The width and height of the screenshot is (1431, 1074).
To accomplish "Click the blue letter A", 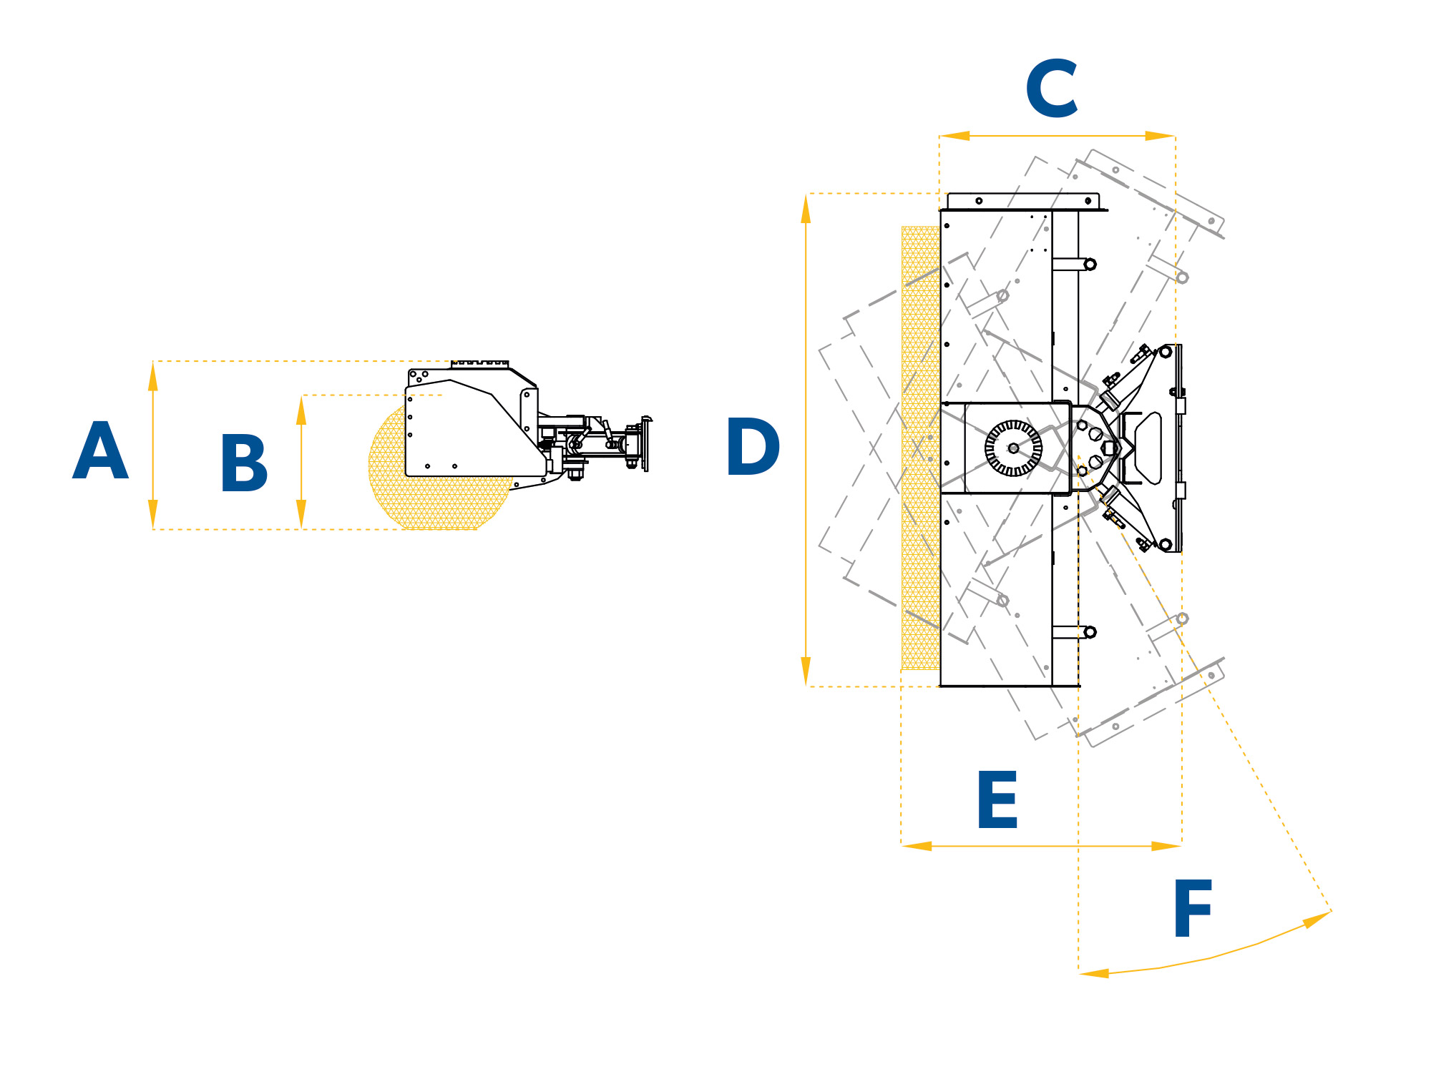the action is [x=100, y=450].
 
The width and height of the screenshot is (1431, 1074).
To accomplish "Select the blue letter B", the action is [x=245, y=463].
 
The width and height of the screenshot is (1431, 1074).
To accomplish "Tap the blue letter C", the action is [x=1052, y=88].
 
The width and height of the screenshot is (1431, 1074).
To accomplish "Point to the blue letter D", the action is [x=753, y=446].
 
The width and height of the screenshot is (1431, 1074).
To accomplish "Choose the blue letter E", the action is [x=997, y=799].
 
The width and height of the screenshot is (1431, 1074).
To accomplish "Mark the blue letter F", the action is [x=1193, y=908].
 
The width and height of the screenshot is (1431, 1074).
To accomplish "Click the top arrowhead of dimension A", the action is [x=152, y=376].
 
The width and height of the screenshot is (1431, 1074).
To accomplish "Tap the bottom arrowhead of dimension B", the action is [x=301, y=514].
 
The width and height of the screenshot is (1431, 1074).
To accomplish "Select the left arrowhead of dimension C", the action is [x=954, y=136].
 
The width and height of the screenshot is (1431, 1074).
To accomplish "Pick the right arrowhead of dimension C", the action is [x=1160, y=136].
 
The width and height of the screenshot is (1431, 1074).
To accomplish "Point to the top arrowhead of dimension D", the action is [x=806, y=209].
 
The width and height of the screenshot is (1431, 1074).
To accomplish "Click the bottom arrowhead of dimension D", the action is [x=806, y=671].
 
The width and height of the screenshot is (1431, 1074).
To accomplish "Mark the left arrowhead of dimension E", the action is [x=917, y=846].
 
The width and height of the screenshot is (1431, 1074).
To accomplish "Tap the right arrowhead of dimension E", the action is [x=1166, y=846].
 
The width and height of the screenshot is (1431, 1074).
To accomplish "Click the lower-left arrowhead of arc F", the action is [x=1093, y=972].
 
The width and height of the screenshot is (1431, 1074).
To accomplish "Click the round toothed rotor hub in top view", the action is [x=1013, y=448].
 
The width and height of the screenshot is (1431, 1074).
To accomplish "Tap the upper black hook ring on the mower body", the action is [x=1090, y=265].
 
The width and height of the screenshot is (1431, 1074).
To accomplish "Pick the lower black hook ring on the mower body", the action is [x=1090, y=632].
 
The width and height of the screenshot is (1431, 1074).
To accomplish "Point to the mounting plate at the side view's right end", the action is [x=645, y=443].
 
